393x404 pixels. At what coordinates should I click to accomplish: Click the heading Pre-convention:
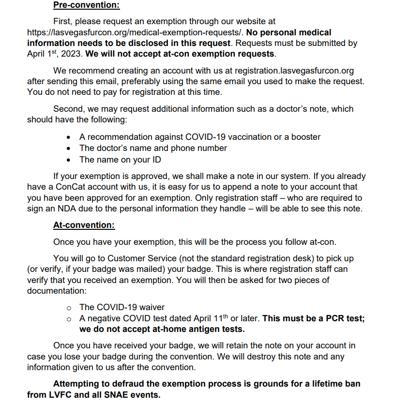coord(86,6)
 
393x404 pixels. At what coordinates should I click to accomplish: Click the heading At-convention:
coord(84,225)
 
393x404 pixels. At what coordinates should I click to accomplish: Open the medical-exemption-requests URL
coord(135,32)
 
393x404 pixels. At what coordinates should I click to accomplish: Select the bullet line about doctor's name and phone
coord(153,148)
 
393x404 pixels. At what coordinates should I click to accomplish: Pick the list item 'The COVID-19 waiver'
coord(122,307)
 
